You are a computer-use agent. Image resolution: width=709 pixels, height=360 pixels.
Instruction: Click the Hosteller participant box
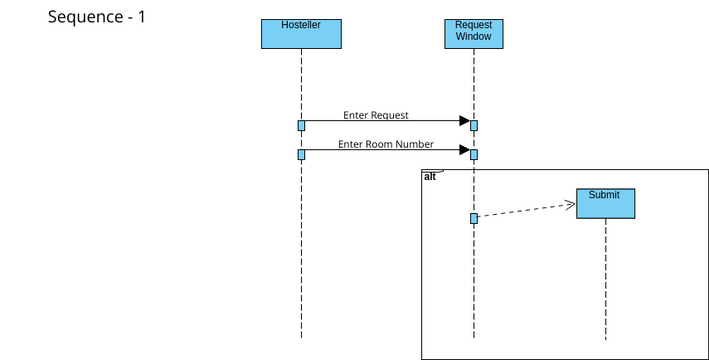click(301, 33)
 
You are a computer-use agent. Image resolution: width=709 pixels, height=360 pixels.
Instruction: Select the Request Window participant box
click(474, 33)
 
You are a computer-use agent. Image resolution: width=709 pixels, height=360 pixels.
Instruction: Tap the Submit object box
click(605, 203)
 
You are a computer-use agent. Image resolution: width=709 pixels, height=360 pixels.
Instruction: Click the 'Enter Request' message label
click(375, 115)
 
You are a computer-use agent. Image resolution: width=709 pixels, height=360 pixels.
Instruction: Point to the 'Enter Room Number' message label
click(385, 144)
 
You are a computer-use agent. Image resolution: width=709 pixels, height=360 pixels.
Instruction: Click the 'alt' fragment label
click(430, 176)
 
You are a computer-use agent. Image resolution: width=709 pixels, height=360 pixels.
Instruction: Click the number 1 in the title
click(141, 17)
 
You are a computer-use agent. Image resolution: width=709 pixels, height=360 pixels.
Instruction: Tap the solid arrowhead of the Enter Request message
click(465, 121)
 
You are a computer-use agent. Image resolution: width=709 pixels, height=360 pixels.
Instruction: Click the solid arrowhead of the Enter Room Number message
click(465, 150)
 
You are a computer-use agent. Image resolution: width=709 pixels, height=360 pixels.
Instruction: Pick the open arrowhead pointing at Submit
click(570, 204)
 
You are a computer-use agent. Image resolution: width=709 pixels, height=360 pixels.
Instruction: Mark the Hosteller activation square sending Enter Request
click(301, 125)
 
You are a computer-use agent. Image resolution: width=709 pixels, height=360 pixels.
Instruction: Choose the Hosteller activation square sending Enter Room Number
click(301, 154)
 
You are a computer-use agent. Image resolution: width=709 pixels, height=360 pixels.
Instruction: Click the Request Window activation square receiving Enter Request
click(474, 125)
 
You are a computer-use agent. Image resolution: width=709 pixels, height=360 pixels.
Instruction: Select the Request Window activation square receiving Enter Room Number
click(474, 154)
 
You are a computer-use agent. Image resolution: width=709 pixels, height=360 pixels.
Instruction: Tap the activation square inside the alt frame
click(474, 218)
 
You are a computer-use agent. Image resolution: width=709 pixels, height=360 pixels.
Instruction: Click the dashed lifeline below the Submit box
click(605, 280)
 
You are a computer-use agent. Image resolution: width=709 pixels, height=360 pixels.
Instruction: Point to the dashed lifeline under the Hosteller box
click(301, 250)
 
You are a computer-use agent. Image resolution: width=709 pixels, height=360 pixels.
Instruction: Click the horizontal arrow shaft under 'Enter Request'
click(380, 121)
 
